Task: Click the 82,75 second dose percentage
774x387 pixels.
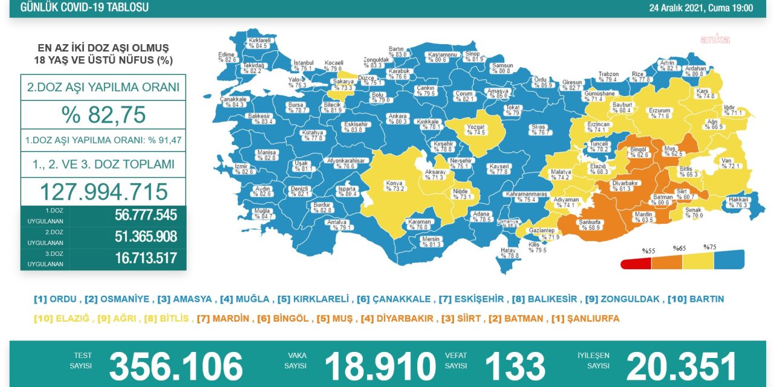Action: (103, 114)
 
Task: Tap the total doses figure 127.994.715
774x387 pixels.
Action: (103, 192)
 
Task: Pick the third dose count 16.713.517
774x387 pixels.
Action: (146, 259)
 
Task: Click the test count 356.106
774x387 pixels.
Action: (175, 366)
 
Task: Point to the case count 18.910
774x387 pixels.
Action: (380, 366)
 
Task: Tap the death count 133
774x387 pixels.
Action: (515, 366)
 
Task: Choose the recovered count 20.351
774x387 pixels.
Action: (681, 366)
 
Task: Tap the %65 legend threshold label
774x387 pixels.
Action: (679, 249)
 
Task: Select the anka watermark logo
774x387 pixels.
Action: (715, 40)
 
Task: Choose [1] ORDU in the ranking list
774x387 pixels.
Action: (55, 299)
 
